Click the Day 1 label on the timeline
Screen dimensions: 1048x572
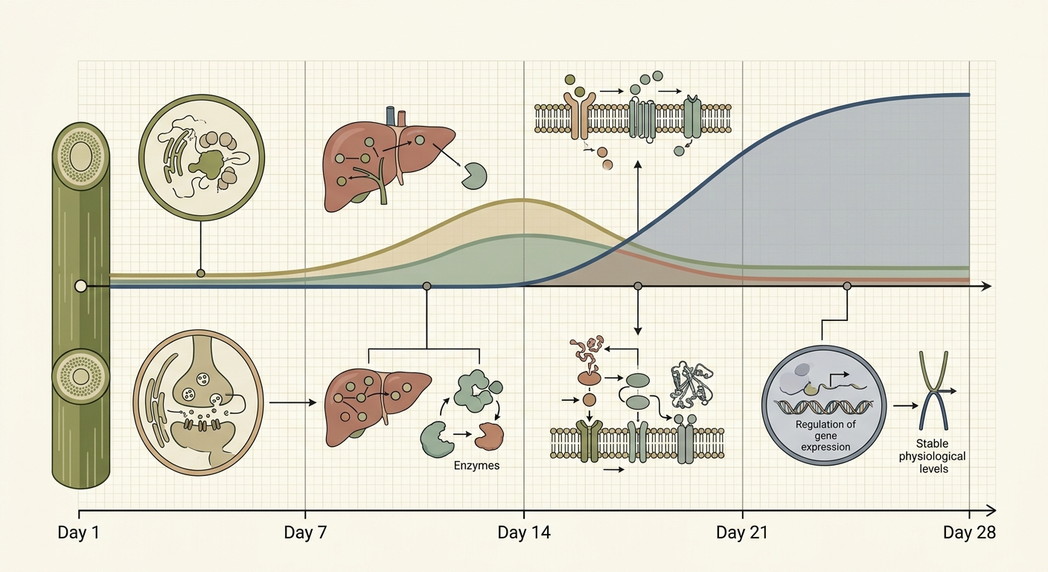pyautogui.click(x=79, y=533)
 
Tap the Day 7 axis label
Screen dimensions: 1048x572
pyautogui.click(x=305, y=533)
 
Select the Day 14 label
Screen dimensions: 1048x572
pyautogui.click(x=524, y=533)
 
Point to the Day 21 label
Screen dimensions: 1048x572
pyautogui.click(x=743, y=533)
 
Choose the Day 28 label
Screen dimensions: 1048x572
pyautogui.click(x=969, y=533)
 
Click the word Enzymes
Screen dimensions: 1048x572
pyautogui.click(x=477, y=465)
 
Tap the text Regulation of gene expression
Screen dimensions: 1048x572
pyautogui.click(x=825, y=436)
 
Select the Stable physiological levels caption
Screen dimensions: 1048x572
pyautogui.click(x=933, y=457)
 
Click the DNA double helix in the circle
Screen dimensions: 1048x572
pyautogui.click(x=824, y=407)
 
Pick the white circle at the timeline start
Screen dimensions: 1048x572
pyautogui.click(x=81, y=286)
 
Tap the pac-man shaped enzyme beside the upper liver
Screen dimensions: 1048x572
pyautogui.click(x=474, y=176)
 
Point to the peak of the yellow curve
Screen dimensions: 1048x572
pyautogui.click(x=523, y=200)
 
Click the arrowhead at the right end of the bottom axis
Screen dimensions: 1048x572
pyautogui.click(x=991, y=509)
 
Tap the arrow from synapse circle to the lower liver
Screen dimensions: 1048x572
pyautogui.click(x=293, y=402)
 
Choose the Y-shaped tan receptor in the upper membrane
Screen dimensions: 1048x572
pyautogui.click(x=580, y=115)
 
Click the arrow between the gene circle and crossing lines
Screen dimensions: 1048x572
pyautogui.click(x=906, y=406)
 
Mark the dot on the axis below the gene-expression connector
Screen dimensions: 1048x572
pyautogui.click(x=847, y=286)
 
